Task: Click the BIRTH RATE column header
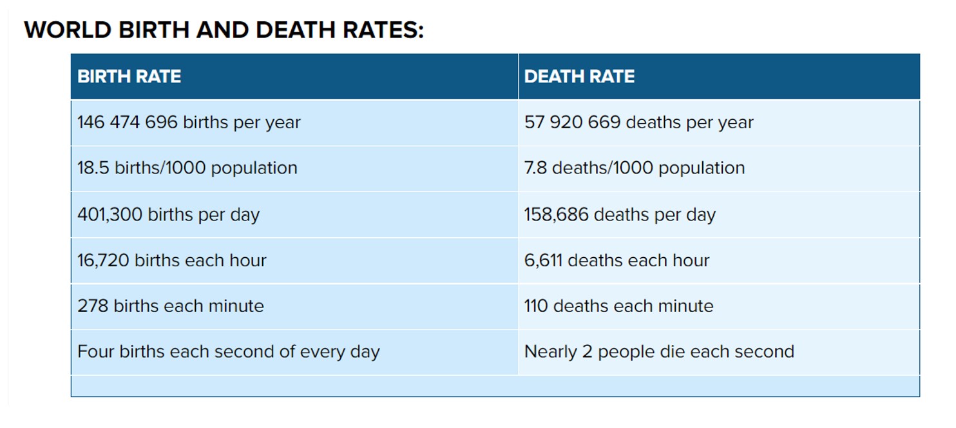129,77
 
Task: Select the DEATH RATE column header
579,77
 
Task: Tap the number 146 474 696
127,122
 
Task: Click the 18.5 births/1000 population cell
187,168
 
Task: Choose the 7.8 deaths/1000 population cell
634,168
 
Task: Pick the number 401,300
110,215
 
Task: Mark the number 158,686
556,215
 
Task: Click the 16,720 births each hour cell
172,260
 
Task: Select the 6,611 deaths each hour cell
617,260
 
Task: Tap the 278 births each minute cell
171,306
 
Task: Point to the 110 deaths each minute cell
618,306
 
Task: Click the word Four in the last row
93,352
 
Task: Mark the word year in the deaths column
737,122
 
